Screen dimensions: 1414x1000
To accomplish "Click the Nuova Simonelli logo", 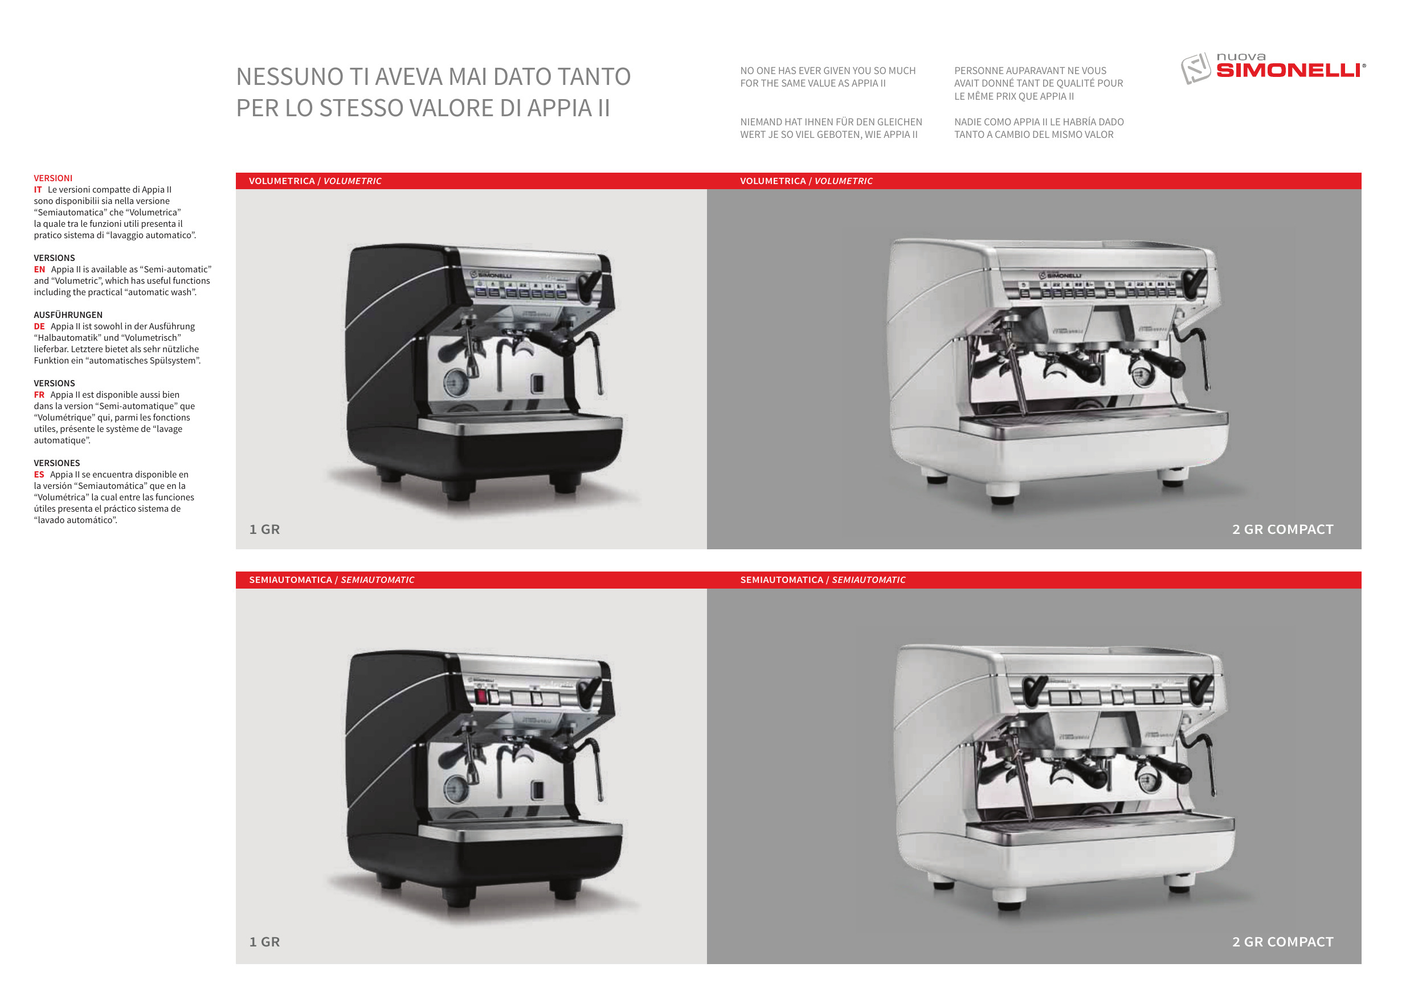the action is pyautogui.click(x=1272, y=68).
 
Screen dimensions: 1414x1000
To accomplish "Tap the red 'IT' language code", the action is pyautogui.click(x=38, y=190).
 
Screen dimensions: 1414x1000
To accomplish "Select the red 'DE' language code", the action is pyautogui.click(x=39, y=326).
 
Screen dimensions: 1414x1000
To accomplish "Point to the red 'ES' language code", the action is pyautogui.click(x=39, y=475).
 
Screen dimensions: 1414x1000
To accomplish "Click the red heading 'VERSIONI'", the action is pyautogui.click(x=53, y=178).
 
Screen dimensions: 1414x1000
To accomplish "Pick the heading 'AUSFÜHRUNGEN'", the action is pyautogui.click(x=68, y=315).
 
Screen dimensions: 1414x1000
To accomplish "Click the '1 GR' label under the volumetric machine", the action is pyautogui.click(x=265, y=529).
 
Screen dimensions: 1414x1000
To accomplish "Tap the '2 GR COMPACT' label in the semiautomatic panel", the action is pyautogui.click(x=1283, y=941).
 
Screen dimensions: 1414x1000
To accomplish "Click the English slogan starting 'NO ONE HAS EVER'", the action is pyautogui.click(x=828, y=77).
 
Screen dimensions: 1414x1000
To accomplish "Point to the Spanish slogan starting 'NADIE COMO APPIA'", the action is pyautogui.click(x=1039, y=128).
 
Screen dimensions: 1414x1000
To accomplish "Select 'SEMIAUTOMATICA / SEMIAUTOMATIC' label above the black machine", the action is pyautogui.click(x=332, y=580).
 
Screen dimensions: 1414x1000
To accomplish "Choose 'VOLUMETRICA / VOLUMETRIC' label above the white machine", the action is pyautogui.click(x=806, y=181).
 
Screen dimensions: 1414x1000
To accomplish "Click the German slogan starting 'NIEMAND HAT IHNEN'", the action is pyautogui.click(x=831, y=128).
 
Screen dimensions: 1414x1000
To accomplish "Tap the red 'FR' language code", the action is pyautogui.click(x=39, y=395).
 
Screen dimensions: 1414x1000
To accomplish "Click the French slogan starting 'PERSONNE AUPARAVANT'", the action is pyautogui.click(x=1039, y=83).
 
